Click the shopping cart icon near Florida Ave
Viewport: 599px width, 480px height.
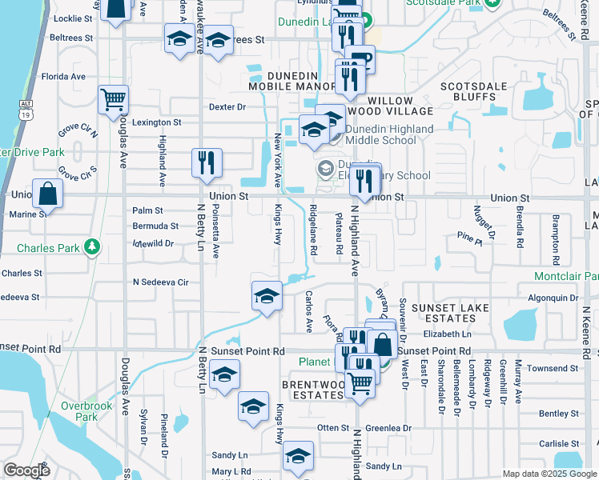tap(114, 100)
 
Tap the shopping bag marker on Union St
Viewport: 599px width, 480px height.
tap(48, 193)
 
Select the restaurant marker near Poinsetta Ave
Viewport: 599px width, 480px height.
tap(207, 162)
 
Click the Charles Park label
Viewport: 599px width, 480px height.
tap(49, 248)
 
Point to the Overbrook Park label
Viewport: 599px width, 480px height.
tap(86, 411)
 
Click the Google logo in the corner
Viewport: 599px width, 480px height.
tap(26, 470)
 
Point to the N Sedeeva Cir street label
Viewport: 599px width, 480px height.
tap(160, 282)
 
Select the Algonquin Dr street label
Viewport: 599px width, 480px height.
tap(553, 298)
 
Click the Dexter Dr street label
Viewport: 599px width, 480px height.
tap(227, 106)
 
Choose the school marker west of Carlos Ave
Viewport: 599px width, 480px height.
tap(267, 297)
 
